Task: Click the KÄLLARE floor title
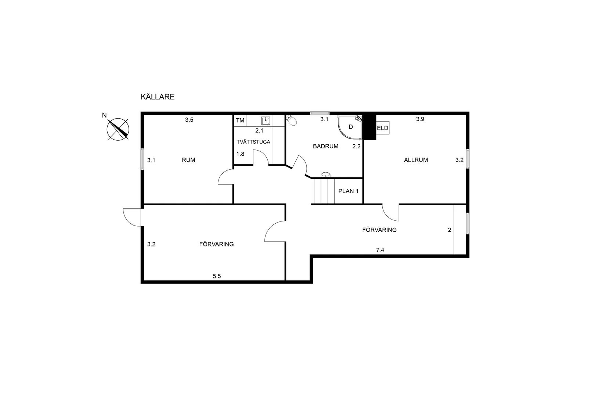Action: (x=158, y=97)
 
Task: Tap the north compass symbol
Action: (x=118, y=129)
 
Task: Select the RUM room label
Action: (x=188, y=160)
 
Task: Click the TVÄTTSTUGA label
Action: (x=253, y=142)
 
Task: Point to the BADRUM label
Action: (x=326, y=146)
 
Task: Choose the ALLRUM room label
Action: (x=416, y=160)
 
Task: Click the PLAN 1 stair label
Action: (x=349, y=191)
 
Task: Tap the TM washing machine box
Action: (x=240, y=121)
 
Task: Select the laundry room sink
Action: (x=266, y=121)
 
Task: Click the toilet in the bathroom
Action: (x=291, y=120)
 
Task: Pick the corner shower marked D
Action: (x=350, y=127)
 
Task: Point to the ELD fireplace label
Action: (x=383, y=128)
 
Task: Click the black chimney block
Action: (x=369, y=126)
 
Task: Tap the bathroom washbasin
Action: (x=326, y=174)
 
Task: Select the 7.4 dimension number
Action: (x=380, y=250)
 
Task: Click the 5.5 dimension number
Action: (x=217, y=276)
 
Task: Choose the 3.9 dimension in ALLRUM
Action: (x=420, y=119)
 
